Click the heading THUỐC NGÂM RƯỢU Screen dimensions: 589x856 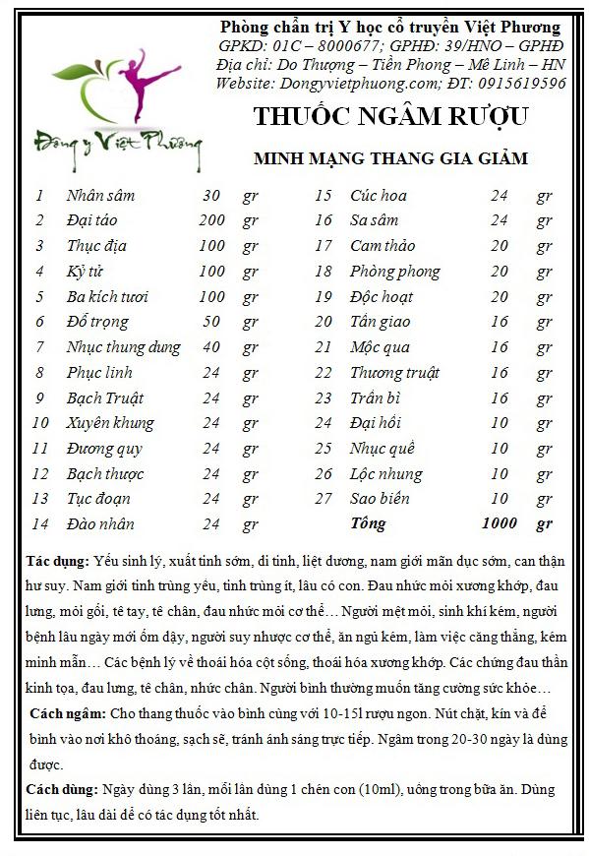(390, 116)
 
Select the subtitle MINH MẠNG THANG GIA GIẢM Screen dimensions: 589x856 (390, 157)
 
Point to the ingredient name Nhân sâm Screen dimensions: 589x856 (100, 195)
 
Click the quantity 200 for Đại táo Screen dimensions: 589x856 (211, 220)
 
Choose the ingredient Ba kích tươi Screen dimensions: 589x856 (108, 296)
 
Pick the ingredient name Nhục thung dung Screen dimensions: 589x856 (123, 346)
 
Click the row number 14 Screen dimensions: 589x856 (40, 523)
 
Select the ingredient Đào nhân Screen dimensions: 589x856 (100, 523)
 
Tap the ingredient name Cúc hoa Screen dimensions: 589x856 (379, 195)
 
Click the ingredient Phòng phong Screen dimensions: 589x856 (394, 271)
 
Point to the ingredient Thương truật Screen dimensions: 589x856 (394, 372)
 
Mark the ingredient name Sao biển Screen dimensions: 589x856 (380, 498)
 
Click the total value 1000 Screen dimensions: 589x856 (500, 522)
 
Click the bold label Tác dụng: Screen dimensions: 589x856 (57, 561)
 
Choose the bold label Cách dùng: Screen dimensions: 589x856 (60, 789)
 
